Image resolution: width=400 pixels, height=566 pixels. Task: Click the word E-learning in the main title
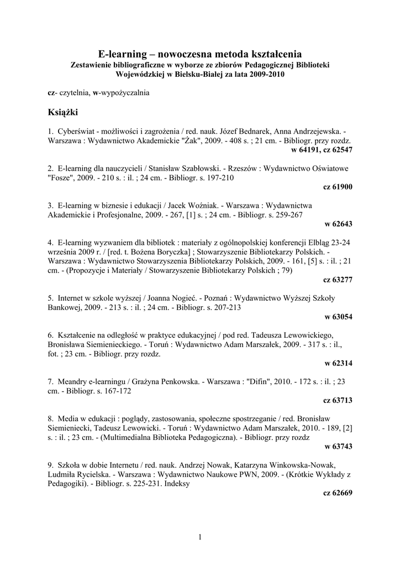click(123, 54)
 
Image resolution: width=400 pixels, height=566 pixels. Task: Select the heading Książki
click(64, 113)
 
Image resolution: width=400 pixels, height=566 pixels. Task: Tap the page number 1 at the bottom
click(200, 537)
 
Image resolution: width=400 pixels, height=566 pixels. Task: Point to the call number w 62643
click(339, 224)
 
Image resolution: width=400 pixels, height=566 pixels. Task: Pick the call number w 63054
click(339, 317)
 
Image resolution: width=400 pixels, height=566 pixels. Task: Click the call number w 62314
click(339, 363)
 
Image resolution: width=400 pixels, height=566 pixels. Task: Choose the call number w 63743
click(339, 446)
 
